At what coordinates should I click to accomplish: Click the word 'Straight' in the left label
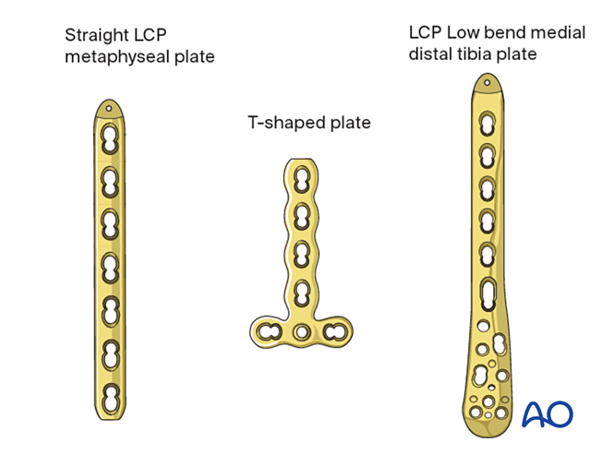coord(96,37)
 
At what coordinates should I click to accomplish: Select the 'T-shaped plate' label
coord(308,122)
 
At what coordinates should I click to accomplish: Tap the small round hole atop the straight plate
coord(111,108)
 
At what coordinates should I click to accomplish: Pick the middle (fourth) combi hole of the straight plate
coord(111,267)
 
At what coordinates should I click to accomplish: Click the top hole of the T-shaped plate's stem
coord(299,180)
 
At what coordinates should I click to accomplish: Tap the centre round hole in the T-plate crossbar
coord(300,331)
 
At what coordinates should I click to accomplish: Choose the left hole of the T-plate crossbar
coord(271,330)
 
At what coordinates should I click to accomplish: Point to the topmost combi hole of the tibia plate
coord(487,124)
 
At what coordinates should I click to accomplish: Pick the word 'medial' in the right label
coord(560,32)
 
